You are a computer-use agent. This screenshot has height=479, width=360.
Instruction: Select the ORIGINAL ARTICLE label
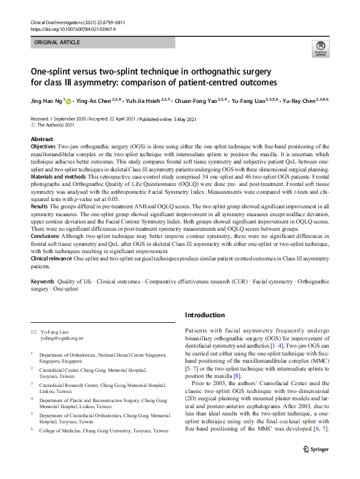click(57, 43)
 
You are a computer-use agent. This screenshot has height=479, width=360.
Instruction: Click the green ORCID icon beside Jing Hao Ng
click(68, 101)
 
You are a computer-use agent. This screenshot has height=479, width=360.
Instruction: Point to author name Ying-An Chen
click(94, 101)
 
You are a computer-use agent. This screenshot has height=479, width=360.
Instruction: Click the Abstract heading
click(42, 139)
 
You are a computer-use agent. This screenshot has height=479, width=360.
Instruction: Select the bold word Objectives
click(44, 147)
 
